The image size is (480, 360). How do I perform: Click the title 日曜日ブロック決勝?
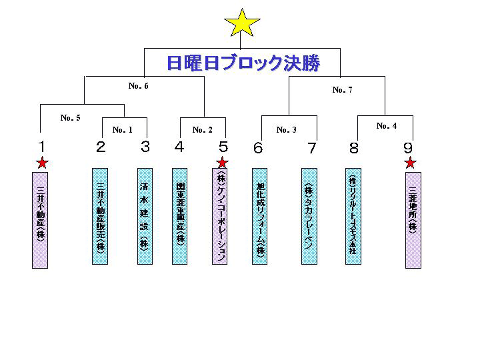pyautogui.click(x=243, y=63)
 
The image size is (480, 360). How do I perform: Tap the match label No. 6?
pyautogui.click(x=138, y=86)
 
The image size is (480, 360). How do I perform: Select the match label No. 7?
pyautogui.click(x=342, y=90)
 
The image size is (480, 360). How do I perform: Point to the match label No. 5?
pyautogui.click(x=70, y=118)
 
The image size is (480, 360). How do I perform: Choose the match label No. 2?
pyautogui.click(x=202, y=130)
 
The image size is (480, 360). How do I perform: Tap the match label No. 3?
pyautogui.click(x=286, y=130)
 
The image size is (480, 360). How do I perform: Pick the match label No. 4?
pyautogui.click(x=386, y=125)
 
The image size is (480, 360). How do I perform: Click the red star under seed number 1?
pyautogui.click(x=42, y=162)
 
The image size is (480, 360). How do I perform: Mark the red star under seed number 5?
pyautogui.click(x=223, y=162)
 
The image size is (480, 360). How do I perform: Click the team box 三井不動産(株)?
pyautogui.click(x=41, y=219)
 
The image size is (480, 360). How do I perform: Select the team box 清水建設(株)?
pyautogui.click(x=145, y=215)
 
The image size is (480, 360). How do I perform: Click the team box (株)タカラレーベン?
pyautogui.click(x=309, y=215)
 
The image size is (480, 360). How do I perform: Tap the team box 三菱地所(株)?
pyautogui.click(x=413, y=219)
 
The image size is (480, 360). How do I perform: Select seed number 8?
pyautogui.click(x=354, y=147)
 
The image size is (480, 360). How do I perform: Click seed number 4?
pyautogui.click(x=179, y=147)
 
